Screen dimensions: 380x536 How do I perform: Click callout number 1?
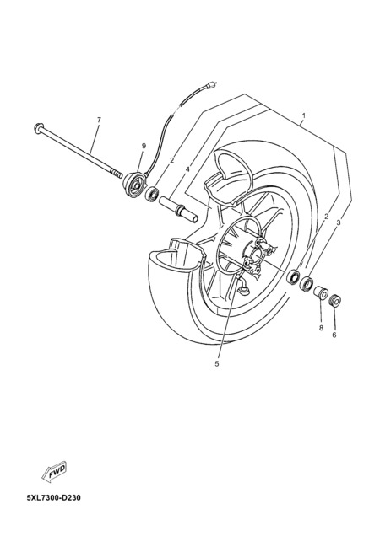tap(304, 115)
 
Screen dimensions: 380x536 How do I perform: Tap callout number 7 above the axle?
tap(99, 120)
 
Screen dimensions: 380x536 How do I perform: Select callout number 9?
tap(144, 146)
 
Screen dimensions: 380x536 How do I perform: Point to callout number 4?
tap(187, 169)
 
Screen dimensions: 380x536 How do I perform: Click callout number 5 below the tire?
tap(216, 364)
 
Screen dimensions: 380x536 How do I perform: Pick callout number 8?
tap(321, 328)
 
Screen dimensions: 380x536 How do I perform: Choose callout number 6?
tap(334, 335)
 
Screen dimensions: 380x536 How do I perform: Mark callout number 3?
tap(339, 222)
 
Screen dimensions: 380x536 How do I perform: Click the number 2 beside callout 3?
tap(326, 216)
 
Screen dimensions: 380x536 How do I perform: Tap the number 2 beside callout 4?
tap(172, 159)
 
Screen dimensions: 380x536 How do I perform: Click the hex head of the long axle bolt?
tap(38, 127)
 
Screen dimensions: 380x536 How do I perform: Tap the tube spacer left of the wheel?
tap(178, 209)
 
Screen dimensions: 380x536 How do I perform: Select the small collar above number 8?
tap(322, 292)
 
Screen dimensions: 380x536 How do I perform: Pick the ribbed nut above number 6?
tap(334, 302)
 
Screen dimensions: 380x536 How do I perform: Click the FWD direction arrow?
tap(55, 472)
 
